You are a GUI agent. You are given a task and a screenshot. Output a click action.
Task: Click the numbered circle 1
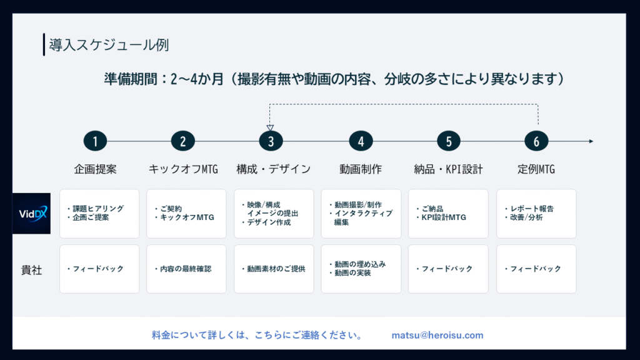pos(95,141)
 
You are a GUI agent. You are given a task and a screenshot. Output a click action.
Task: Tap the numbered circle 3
pos(271,141)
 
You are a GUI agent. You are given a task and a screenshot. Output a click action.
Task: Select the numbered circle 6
pos(536,141)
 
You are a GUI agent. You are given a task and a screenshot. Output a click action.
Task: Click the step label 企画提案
pos(95,169)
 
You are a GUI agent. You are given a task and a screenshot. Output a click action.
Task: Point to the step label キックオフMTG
pos(183,169)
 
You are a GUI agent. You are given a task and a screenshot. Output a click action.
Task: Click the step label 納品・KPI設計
pos(448,169)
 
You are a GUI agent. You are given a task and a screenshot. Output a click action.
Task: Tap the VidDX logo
pos(31,214)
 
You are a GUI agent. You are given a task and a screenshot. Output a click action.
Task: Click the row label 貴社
pos(31,270)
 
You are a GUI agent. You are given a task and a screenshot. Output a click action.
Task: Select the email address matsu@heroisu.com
pos(437,335)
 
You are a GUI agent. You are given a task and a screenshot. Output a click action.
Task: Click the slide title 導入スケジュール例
pos(109,45)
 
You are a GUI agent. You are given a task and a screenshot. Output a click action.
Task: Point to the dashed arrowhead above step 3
pos(270,127)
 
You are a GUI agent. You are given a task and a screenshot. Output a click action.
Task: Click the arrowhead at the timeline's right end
pos(591,141)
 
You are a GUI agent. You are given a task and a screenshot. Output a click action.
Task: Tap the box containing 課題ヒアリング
pos(99,214)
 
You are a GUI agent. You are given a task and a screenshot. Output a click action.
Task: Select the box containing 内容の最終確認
pos(186,269)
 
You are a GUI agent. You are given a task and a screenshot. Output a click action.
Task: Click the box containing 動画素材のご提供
pos(274,269)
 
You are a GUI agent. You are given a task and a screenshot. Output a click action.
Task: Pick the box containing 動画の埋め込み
pos(361,269)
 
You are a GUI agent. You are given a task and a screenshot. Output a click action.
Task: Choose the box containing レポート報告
pos(536,214)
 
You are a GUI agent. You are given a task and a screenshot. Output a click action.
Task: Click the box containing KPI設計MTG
pos(448,214)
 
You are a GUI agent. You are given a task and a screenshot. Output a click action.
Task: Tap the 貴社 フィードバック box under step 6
pos(536,269)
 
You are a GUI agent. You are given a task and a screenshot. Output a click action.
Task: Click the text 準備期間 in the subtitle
pos(130,79)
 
